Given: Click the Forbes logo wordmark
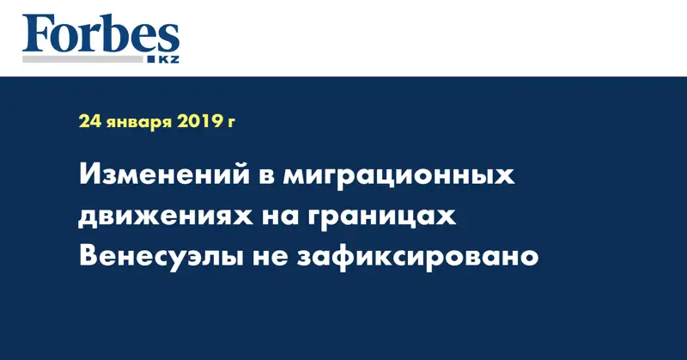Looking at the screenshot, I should point(100,34).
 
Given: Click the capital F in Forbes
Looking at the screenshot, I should point(36,34).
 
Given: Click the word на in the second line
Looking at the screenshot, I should point(277,217).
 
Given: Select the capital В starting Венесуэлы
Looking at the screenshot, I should point(89,255).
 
